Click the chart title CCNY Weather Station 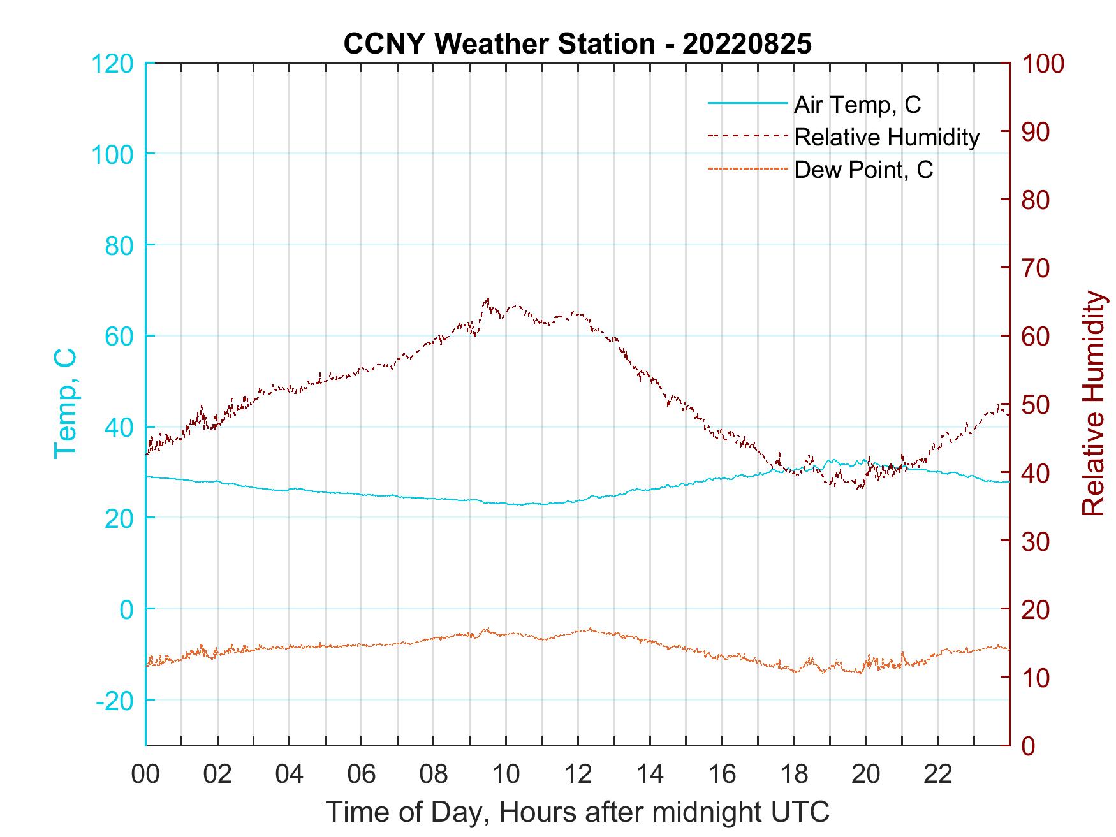click(x=499, y=43)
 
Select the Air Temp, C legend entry click(x=857, y=104)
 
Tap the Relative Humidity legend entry click(x=886, y=137)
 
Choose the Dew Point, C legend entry click(x=863, y=170)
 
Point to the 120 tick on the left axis click(x=112, y=63)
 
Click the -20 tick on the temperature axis click(x=115, y=701)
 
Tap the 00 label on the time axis click(x=145, y=774)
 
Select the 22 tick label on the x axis click(x=938, y=774)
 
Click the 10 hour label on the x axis click(x=506, y=774)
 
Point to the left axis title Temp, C click(x=66, y=404)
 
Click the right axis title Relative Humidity click(x=1093, y=404)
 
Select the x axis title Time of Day click(x=578, y=812)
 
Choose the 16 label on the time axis click(x=722, y=774)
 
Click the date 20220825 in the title click(x=747, y=43)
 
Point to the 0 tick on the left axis click(x=126, y=609)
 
